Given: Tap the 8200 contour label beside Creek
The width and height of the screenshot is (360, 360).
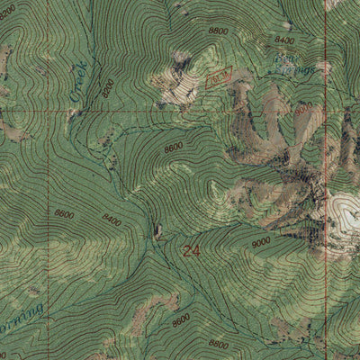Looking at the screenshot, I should (x=108, y=86).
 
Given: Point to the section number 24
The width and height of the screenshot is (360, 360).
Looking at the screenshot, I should (x=191, y=251).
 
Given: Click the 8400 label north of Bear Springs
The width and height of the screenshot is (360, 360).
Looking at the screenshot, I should (x=284, y=40).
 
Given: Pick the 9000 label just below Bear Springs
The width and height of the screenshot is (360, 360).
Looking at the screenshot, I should (x=302, y=109).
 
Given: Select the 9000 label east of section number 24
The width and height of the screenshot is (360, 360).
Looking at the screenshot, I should (x=260, y=242).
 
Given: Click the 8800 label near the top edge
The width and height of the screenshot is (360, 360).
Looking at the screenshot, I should (x=218, y=30).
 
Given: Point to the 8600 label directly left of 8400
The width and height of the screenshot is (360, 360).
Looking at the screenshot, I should (x=64, y=213).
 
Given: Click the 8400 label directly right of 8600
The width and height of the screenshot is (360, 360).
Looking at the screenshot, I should (x=112, y=220).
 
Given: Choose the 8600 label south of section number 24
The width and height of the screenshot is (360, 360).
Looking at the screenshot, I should (x=181, y=319).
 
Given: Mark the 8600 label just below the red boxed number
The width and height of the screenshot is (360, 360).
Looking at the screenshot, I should (x=174, y=146).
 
